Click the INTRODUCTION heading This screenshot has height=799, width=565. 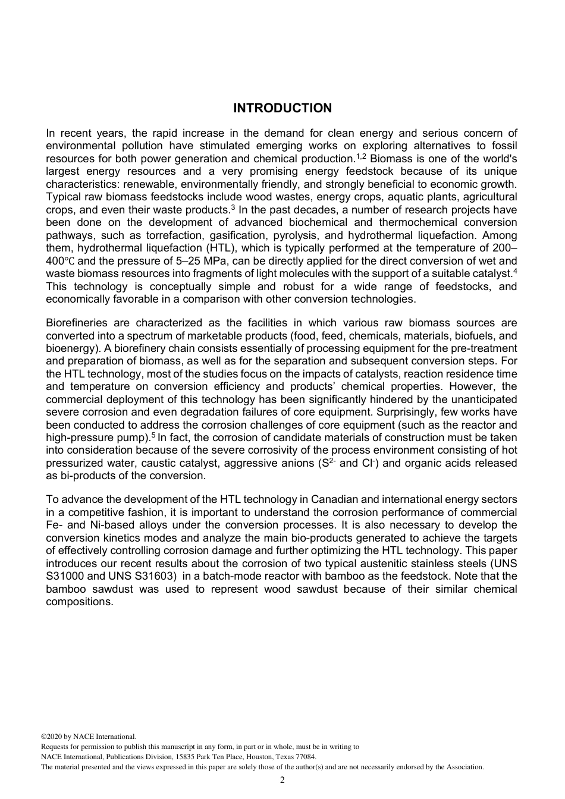(282, 108)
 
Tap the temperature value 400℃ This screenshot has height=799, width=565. (60, 261)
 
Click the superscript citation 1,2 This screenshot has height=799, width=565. (362, 156)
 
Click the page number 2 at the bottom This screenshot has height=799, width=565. (282, 781)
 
